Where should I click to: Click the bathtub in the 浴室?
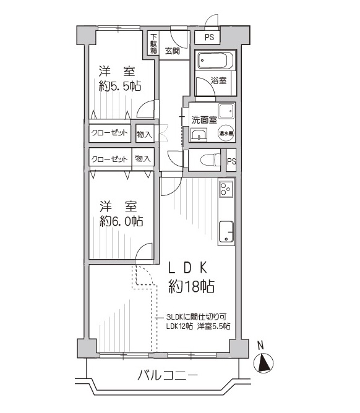pos(216,61)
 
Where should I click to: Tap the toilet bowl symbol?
pos(210,160)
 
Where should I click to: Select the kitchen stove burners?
pos(226,189)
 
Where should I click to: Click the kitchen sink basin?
pos(226,232)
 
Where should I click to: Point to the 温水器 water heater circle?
pos(226,134)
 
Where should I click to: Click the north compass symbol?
pos(263,363)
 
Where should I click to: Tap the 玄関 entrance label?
pos(173,51)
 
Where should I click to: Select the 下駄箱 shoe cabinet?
pos(153,43)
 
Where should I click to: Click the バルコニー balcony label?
pos(167,375)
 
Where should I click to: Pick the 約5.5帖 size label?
pos(120,86)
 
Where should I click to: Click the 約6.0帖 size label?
pos(121,221)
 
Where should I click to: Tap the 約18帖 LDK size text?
pos(191,286)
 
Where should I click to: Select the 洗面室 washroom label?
pos(204,120)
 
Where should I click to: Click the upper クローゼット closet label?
pos(109,133)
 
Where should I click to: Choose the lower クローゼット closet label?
pos(109,159)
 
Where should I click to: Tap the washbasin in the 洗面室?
pos(199,134)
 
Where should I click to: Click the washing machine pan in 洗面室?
pos(226,111)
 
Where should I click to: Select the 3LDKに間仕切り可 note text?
pos(196,317)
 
